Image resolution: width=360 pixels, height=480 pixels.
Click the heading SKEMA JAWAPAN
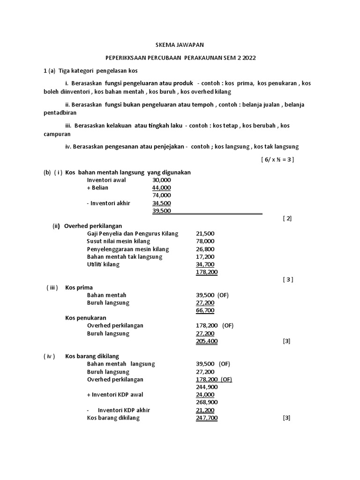pos(180,45)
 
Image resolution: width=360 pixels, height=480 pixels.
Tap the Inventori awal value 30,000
pos(162,180)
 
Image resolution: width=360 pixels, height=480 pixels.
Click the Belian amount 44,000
pos(162,187)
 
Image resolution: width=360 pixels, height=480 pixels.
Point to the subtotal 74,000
pos(162,195)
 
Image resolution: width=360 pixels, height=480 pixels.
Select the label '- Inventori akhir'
pos(108,203)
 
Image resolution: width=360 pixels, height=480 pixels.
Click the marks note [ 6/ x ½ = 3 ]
pos(277,159)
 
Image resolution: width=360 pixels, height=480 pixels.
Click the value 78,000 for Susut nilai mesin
pos(205,241)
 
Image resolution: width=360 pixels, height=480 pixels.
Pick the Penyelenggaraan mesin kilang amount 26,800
pos(205,249)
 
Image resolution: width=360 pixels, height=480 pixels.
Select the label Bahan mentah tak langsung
pos(124,257)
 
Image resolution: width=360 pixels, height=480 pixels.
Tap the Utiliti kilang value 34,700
pos(205,264)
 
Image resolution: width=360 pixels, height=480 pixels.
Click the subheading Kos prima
pos(79,287)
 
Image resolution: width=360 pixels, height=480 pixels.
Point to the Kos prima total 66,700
pos(205,310)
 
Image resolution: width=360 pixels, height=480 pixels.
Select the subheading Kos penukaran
pos(85,318)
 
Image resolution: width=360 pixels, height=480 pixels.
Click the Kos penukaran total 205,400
pos(206,341)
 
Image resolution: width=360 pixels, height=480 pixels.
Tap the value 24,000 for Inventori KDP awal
pos(205,395)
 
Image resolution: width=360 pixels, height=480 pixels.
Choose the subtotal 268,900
pos(206,402)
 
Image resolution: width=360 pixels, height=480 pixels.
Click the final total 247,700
pos(206,418)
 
